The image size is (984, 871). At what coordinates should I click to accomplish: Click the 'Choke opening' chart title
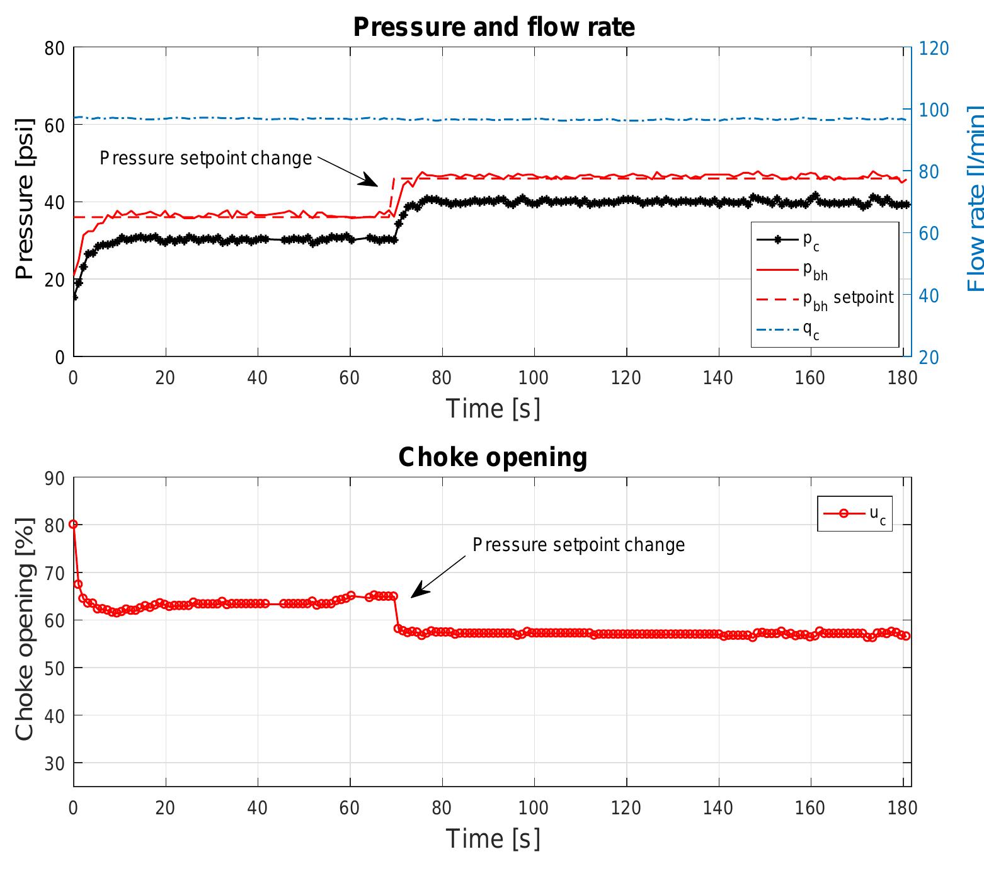tap(493, 457)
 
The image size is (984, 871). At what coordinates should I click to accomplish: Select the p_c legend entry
tap(811, 240)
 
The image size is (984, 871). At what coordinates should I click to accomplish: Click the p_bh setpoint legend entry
tap(848, 298)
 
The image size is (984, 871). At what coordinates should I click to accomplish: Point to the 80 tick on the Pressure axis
tap(55, 48)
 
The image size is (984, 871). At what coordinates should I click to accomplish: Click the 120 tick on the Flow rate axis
tap(934, 48)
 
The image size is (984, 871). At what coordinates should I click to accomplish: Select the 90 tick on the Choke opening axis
tap(55, 478)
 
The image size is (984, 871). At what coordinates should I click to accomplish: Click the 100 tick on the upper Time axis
tap(534, 378)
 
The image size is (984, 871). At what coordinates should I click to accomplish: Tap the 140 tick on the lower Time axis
tap(718, 807)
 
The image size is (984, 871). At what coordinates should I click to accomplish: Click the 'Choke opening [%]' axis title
tap(25, 629)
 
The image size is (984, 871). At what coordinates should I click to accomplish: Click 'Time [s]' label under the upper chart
tap(493, 409)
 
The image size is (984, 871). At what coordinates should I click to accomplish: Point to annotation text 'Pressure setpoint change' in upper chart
tap(206, 158)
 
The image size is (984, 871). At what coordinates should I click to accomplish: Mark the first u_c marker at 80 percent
tap(74, 524)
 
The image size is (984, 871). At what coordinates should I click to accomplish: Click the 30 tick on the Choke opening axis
tap(55, 763)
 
